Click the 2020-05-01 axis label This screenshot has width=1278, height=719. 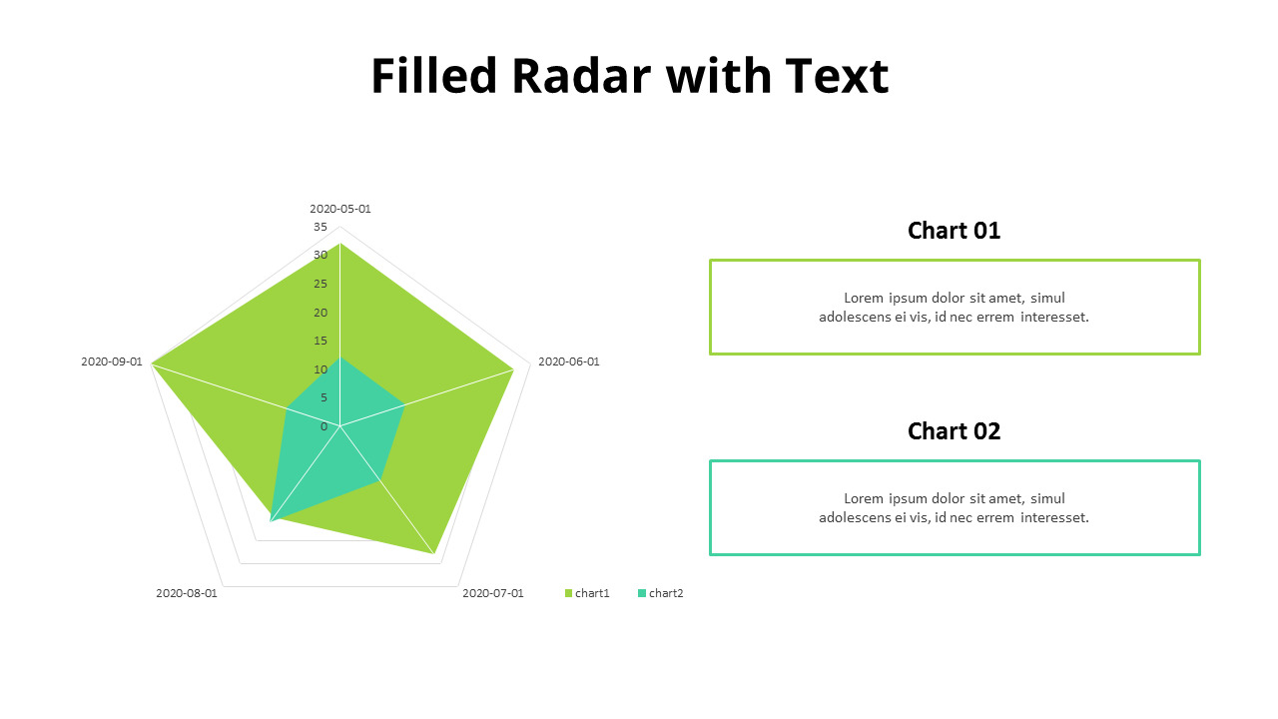click(339, 209)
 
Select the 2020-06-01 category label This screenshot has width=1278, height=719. click(569, 361)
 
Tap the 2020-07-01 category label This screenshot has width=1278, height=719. click(492, 593)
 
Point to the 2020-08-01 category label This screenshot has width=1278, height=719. click(186, 593)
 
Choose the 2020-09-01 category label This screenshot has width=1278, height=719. click(111, 361)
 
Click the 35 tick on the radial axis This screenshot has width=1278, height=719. click(320, 227)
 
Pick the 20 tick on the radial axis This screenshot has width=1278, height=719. click(320, 313)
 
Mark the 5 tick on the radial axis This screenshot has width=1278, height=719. click(323, 397)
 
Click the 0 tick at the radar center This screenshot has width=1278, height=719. click(323, 426)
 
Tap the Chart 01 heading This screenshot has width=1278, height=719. click(954, 231)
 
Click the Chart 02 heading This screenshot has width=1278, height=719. click(954, 431)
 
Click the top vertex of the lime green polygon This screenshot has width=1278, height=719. click(340, 244)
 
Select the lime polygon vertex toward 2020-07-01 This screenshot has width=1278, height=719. click(433, 553)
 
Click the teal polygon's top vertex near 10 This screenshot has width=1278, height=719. click(340, 358)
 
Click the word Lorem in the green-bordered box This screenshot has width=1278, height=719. click(864, 298)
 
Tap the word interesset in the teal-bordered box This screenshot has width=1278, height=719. click(1053, 517)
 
